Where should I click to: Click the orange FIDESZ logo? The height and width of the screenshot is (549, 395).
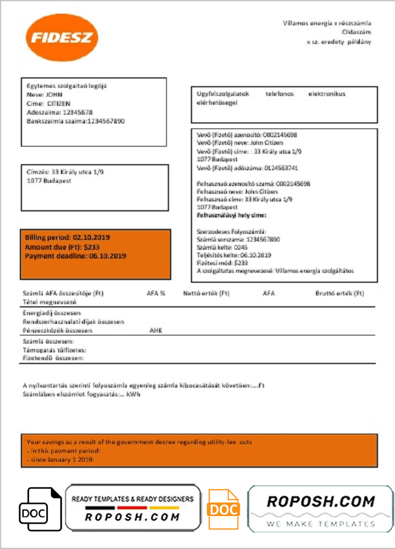click(61, 37)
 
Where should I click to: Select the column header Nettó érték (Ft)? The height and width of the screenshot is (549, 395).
click(206, 294)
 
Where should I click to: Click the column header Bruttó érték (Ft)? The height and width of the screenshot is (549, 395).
click(339, 294)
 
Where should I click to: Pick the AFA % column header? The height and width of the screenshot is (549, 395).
click(156, 294)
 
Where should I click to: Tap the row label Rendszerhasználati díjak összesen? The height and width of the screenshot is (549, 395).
click(73, 322)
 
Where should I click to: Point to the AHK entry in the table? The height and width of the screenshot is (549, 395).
click(156, 331)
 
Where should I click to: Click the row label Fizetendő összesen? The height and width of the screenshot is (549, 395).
click(53, 358)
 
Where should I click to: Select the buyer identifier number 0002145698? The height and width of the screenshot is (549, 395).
click(280, 135)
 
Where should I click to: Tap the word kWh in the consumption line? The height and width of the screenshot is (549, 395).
click(132, 394)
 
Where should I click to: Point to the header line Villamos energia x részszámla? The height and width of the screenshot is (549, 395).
click(327, 23)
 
